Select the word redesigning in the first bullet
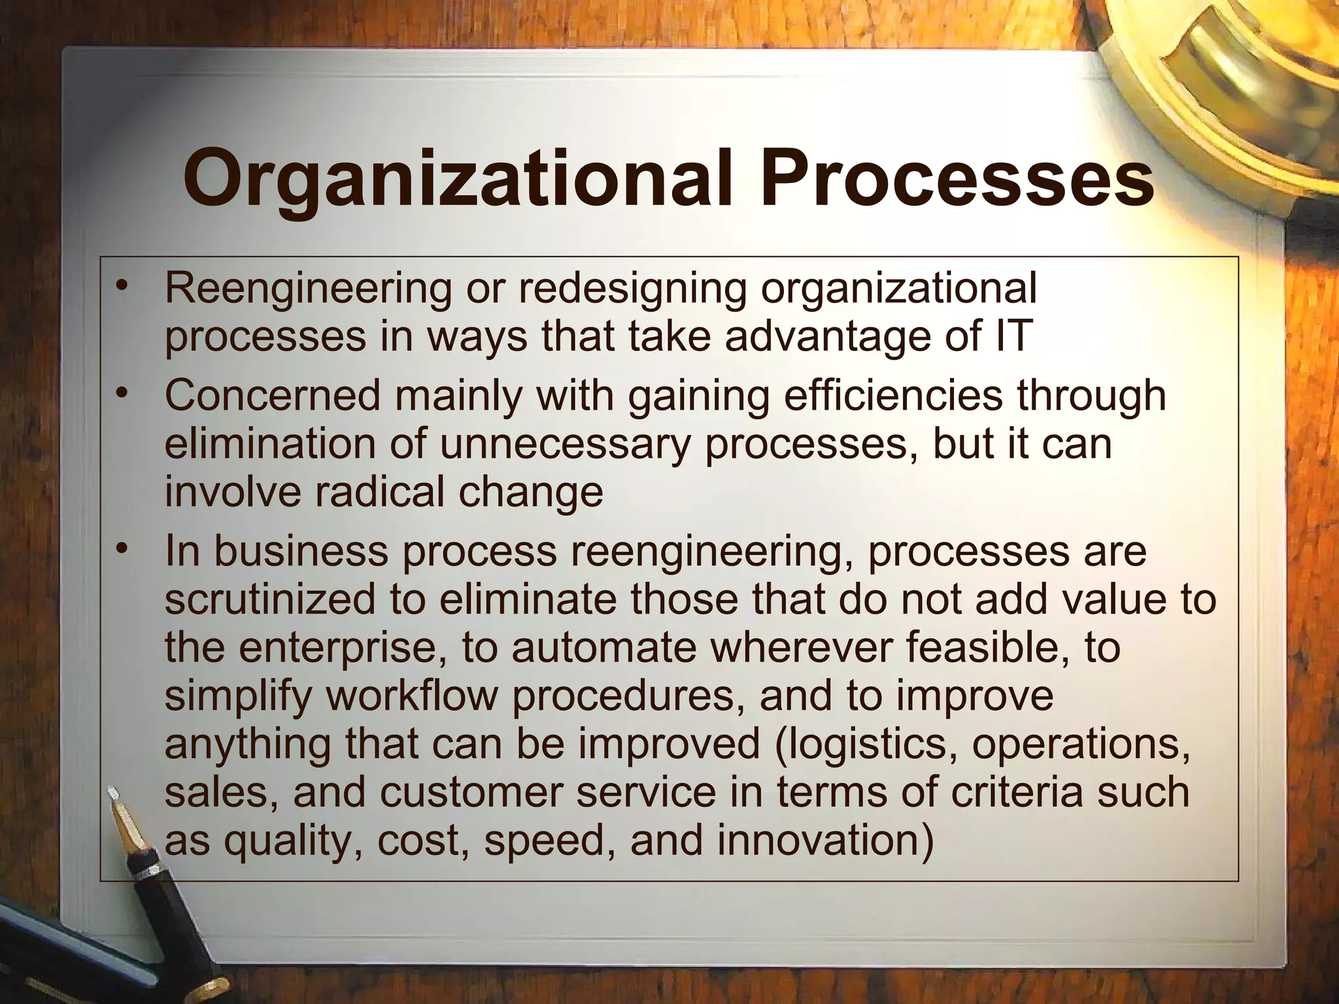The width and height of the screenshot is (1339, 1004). tap(632, 288)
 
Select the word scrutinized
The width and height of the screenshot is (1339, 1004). tap(270, 599)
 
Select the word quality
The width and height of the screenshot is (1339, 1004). tap(293, 840)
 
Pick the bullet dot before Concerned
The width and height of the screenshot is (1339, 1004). tap(120, 394)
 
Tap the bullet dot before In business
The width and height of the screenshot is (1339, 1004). tap(120, 550)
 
